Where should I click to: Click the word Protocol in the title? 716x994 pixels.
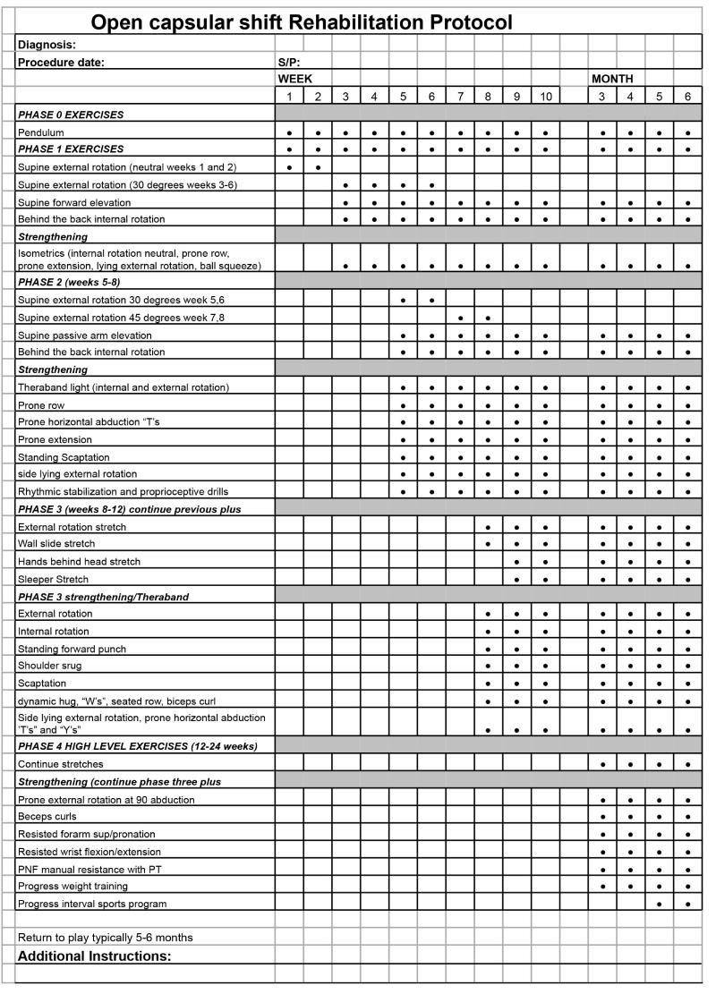click(x=454, y=21)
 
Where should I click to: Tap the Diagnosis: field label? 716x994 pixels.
click(x=47, y=44)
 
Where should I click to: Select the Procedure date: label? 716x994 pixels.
click(x=61, y=62)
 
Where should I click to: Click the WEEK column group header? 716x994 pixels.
click(x=295, y=79)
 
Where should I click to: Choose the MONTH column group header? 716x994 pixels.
click(x=612, y=79)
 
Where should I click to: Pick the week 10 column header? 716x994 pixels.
click(x=546, y=97)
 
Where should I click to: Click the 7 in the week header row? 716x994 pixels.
click(x=460, y=97)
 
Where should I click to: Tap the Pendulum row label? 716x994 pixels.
click(x=40, y=132)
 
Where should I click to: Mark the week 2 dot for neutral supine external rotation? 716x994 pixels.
click(x=318, y=167)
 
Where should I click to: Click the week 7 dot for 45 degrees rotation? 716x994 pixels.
click(x=460, y=317)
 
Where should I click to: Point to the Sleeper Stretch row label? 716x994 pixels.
click(x=54, y=579)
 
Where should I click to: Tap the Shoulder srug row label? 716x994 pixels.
click(x=51, y=667)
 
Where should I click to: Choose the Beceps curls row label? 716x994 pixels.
click(x=47, y=816)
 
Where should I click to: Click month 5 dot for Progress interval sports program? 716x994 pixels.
click(x=660, y=904)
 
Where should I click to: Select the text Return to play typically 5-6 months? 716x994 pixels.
click(x=106, y=937)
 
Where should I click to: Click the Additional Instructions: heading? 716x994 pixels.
click(x=94, y=956)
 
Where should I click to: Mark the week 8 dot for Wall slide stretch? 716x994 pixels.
click(x=488, y=544)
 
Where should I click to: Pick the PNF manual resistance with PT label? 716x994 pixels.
click(x=86, y=869)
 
